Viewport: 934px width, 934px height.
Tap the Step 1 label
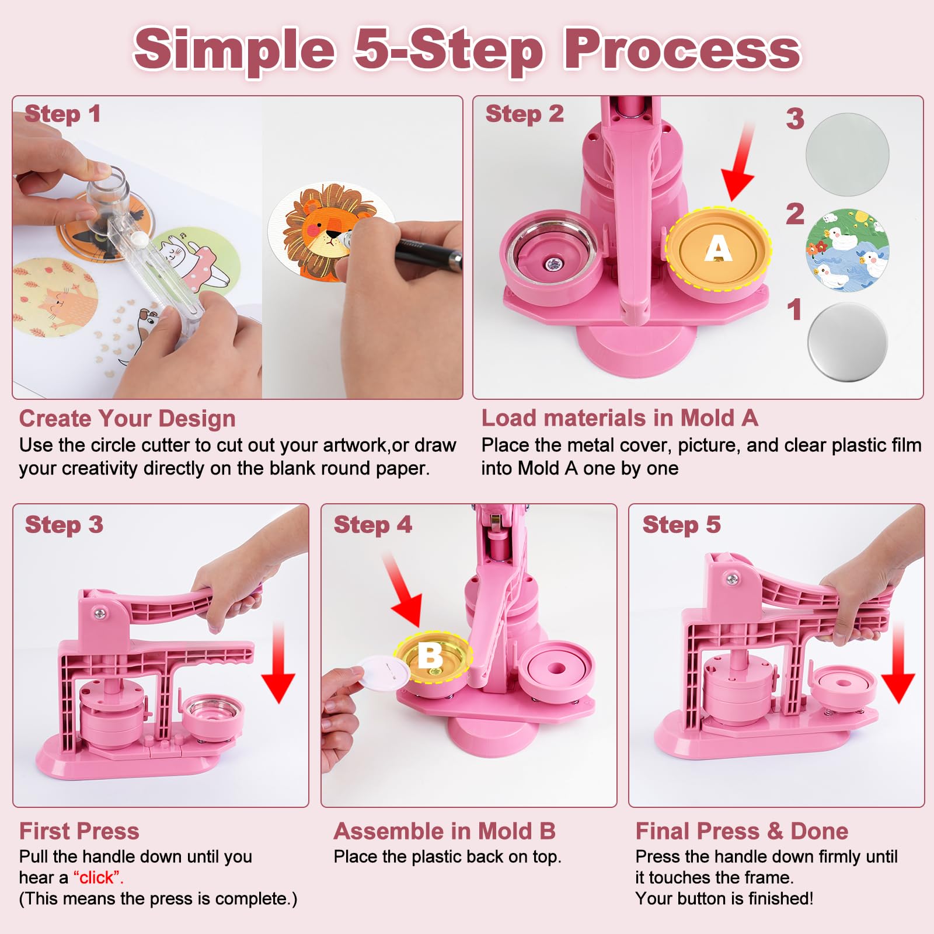click(62, 114)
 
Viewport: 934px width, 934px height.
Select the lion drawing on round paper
click(327, 231)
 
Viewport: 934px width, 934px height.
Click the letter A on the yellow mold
click(718, 249)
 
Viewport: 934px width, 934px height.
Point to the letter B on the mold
click(430, 655)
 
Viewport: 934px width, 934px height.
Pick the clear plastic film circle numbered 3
click(847, 154)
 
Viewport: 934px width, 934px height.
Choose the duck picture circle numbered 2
click(847, 249)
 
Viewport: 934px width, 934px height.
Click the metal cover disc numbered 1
click(848, 342)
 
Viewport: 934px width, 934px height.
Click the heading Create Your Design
click(127, 419)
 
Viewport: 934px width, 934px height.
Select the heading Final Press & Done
click(741, 831)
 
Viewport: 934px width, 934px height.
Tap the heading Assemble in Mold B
click(444, 831)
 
